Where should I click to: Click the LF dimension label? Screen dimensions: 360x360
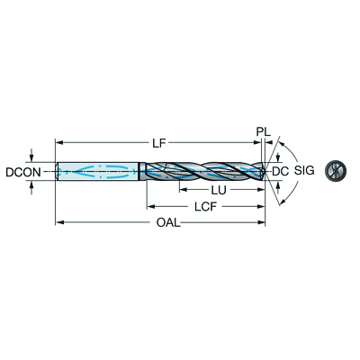pos(158,143)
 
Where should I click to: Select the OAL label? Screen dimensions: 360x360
pos(168,222)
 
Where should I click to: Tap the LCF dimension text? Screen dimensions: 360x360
pos(205,207)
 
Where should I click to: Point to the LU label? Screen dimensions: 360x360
pos(219,190)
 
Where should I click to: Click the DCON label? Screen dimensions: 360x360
pos(23,172)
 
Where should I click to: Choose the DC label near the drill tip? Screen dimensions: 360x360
pos(280,171)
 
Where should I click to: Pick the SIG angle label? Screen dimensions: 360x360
pos(304,170)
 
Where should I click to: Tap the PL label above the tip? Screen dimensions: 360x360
pos(263,131)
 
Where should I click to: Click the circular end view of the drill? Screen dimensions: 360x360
pos(336,171)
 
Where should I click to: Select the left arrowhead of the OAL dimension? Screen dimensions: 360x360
pos(59,222)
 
